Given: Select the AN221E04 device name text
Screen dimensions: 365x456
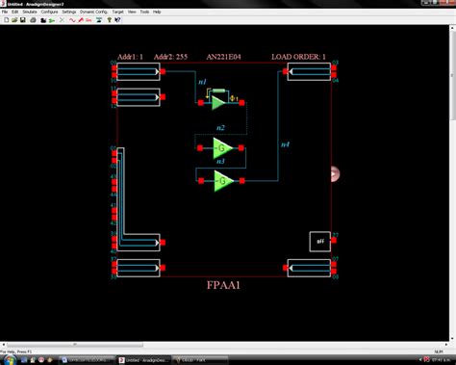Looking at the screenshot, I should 224,57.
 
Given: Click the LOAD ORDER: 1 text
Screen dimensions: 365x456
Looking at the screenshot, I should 298,57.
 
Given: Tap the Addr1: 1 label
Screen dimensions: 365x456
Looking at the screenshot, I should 130,57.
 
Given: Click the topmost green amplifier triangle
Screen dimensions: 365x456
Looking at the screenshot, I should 219,100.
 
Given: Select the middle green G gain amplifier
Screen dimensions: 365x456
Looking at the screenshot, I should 222,148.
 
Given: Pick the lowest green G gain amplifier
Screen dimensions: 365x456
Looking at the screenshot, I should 222,180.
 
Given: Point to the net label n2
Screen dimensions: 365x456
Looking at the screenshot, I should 220,128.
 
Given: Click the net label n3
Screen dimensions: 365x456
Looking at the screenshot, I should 220,163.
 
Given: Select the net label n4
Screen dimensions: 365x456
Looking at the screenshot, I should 284,144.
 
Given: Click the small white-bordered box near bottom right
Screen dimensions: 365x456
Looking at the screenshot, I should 319,241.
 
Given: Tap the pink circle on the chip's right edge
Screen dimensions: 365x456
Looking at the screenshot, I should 335,173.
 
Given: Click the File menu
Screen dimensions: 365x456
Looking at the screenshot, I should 5,12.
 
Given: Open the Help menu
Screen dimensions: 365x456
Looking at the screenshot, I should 157,12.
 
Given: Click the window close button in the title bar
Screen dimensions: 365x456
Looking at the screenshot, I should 449,4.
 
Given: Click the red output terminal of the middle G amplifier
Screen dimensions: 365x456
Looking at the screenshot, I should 242,148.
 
